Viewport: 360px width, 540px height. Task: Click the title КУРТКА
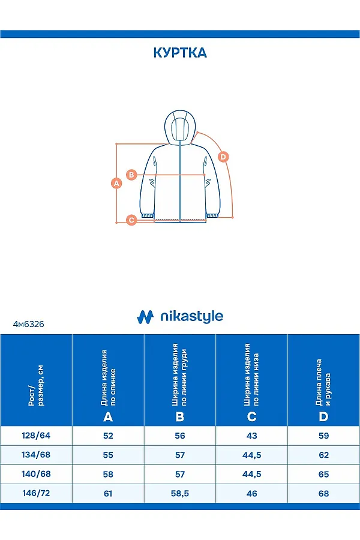point(180,53)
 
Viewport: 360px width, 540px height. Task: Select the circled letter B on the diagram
point(133,175)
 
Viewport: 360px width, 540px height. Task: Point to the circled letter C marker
point(131,220)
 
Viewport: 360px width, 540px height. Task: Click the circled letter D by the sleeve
point(223,157)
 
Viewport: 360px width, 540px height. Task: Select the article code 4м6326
point(28,323)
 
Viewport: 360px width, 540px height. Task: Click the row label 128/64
point(36,436)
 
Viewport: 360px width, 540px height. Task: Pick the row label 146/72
point(36,493)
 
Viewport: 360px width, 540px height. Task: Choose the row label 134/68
point(36,455)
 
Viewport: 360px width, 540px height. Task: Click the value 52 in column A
point(108,436)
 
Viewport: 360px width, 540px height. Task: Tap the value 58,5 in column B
point(180,493)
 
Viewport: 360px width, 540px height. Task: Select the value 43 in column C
point(252,436)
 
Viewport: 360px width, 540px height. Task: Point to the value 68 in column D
point(324,493)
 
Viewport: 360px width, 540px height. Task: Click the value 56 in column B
point(180,436)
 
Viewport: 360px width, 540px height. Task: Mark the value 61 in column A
point(108,493)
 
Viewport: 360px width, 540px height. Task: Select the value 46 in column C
point(252,493)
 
